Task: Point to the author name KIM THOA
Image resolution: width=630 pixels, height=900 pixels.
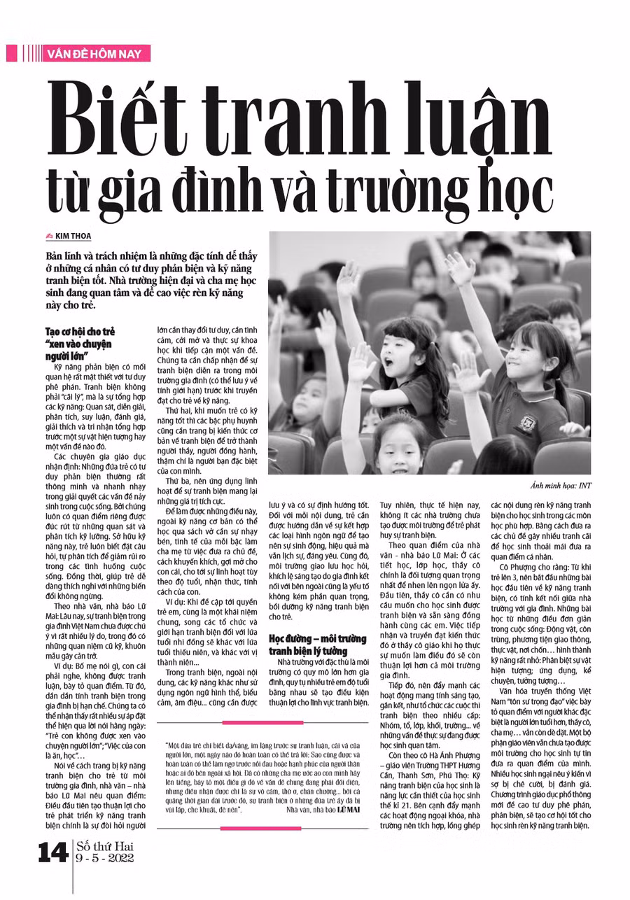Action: tap(73, 237)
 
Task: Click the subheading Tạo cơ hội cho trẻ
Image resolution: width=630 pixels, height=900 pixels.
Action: tap(80, 330)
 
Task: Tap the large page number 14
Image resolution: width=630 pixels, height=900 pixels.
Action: tap(54, 856)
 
